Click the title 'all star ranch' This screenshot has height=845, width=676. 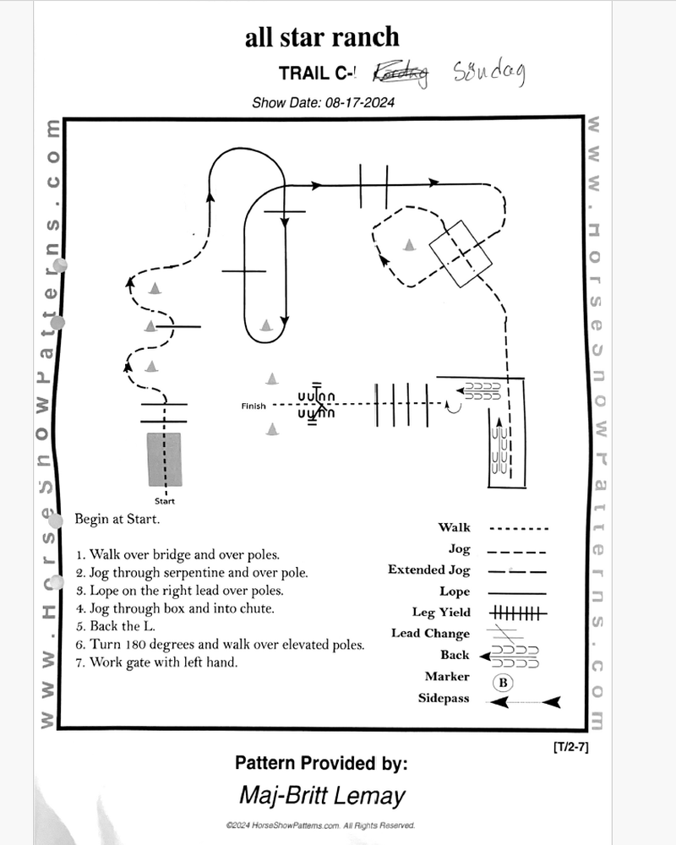point(321,37)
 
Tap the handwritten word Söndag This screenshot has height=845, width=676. point(489,74)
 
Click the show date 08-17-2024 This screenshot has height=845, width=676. point(324,103)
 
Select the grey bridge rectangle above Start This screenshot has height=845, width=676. point(164,459)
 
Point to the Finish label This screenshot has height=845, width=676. point(253,406)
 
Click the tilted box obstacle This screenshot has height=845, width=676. point(461,253)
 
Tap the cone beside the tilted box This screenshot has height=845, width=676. point(409,245)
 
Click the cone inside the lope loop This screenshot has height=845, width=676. point(266,324)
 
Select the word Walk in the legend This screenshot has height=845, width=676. point(454,528)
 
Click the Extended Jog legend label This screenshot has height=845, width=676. point(428,570)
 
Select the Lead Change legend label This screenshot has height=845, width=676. point(430,634)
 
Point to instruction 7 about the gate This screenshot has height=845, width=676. point(156,662)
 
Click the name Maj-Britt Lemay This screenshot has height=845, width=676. point(321,795)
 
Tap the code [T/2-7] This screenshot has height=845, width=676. point(570,747)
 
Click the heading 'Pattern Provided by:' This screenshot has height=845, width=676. point(321,764)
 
